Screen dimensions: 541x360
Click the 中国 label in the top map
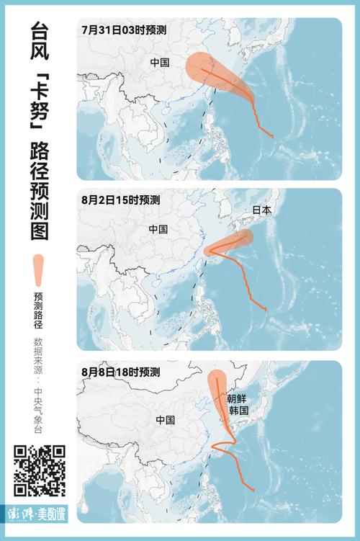point(160,62)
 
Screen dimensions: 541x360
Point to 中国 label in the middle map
point(158,229)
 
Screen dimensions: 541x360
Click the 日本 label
point(261,210)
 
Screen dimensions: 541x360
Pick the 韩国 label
point(238,411)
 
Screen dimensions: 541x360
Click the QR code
point(40,470)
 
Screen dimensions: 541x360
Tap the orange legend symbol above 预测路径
point(39,270)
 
